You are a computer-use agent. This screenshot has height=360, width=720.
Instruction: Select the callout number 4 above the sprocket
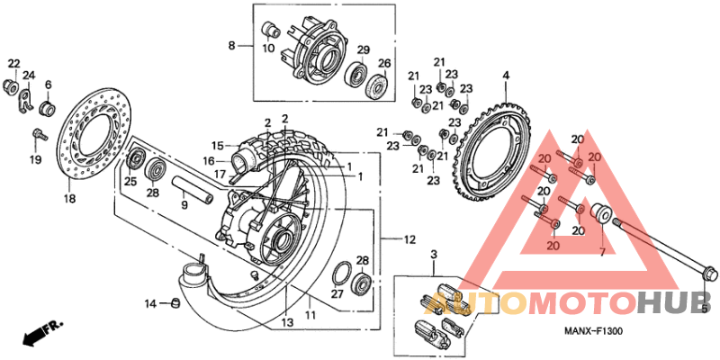click(x=506, y=75)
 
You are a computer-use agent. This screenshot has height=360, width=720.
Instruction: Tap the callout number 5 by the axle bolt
click(x=705, y=309)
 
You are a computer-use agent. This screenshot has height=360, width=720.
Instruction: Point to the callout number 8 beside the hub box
click(x=231, y=46)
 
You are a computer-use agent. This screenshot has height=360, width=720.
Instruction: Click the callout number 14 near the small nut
click(x=152, y=303)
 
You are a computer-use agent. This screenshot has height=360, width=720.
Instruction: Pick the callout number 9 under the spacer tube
click(x=184, y=205)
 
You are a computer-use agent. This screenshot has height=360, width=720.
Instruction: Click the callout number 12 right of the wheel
click(x=409, y=240)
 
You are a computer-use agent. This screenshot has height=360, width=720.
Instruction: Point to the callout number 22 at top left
click(x=13, y=62)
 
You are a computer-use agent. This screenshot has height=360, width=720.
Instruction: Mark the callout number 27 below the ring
click(x=337, y=293)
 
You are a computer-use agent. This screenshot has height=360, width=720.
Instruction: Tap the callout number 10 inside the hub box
click(x=268, y=49)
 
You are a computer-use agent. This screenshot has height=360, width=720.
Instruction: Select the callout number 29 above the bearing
click(x=364, y=49)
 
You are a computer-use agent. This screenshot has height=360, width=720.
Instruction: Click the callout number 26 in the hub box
click(x=384, y=63)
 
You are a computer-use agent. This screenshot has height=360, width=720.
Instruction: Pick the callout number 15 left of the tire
click(x=217, y=145)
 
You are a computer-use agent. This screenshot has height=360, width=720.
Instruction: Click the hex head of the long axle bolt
click(x=708, y=274)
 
